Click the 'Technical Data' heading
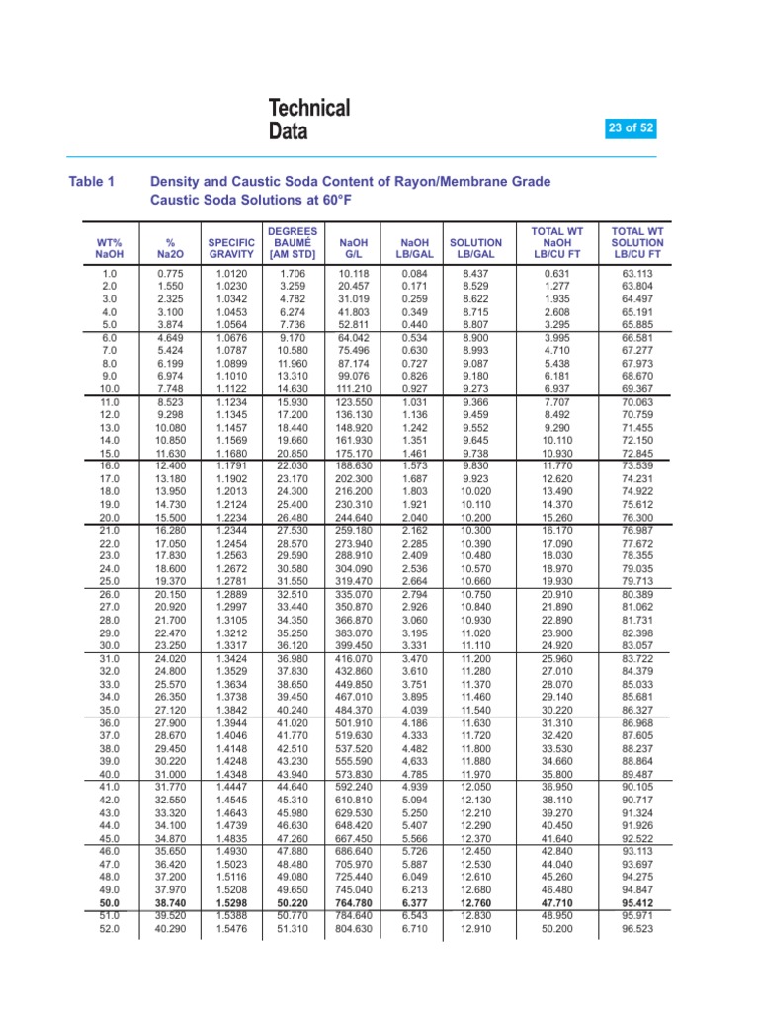(x=309, y=119)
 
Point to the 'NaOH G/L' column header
(x=353, y=249)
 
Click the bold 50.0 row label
(x=110, y=903)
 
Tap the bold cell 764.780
(x=353, y=903)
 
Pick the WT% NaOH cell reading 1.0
(x=110, y=272)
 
